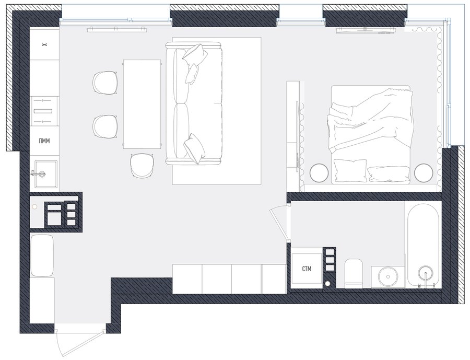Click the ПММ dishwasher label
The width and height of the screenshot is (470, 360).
44,141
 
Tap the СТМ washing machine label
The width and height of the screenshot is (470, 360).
307,269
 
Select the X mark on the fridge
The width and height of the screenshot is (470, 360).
44,45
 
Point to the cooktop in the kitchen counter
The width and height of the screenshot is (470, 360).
44,111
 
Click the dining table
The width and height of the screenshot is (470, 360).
142,104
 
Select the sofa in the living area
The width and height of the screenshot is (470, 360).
194,103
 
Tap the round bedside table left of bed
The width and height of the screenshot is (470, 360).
319,172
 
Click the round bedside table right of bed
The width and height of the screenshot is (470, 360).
424,172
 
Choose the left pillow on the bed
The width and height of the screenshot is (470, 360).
350,170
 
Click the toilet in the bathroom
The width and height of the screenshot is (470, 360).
354,273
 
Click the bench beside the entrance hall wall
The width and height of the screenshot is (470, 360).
42,256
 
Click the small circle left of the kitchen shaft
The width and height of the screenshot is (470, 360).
34,207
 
